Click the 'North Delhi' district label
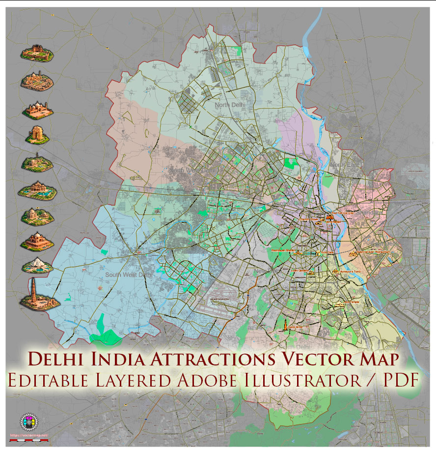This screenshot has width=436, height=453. tap(229, 105)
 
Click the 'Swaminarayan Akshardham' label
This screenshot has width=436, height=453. tap(374, 252)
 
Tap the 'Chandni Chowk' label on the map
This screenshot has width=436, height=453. tap(309, 219)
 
